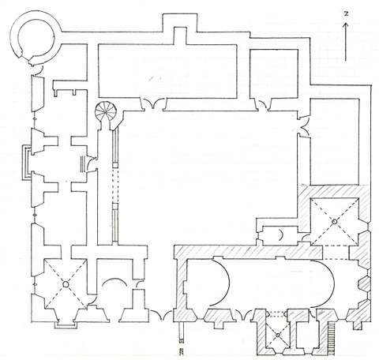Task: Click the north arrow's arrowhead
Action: (346, 25)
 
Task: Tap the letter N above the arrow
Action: (347, 14)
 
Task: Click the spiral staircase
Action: (106, 112)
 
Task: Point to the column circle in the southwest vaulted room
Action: (66, 284)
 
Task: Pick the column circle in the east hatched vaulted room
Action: (334, 222)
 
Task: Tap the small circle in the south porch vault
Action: (278, 336)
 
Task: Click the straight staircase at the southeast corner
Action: (332, 338)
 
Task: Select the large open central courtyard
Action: (208, 174)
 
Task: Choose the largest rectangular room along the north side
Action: (168, 71)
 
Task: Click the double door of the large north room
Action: (153, 103)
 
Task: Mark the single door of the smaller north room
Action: (263, 105)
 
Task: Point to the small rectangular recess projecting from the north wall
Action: (180, 36)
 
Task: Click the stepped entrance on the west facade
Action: (27, 163)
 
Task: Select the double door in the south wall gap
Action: (161, 315)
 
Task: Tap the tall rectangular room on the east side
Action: (335, 142)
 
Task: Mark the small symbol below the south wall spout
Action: (181, 351)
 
